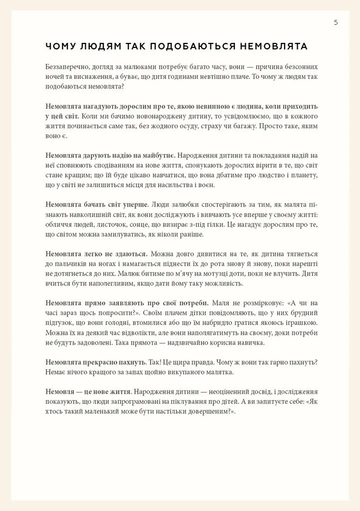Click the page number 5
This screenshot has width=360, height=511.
[336, 22]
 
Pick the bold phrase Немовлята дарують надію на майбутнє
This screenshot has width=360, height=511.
[110, 156]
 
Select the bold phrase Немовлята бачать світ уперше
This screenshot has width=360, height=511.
[97, 205]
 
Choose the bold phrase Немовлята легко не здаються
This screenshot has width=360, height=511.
[96, 254]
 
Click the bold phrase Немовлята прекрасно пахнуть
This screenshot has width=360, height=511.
[96, 361]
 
